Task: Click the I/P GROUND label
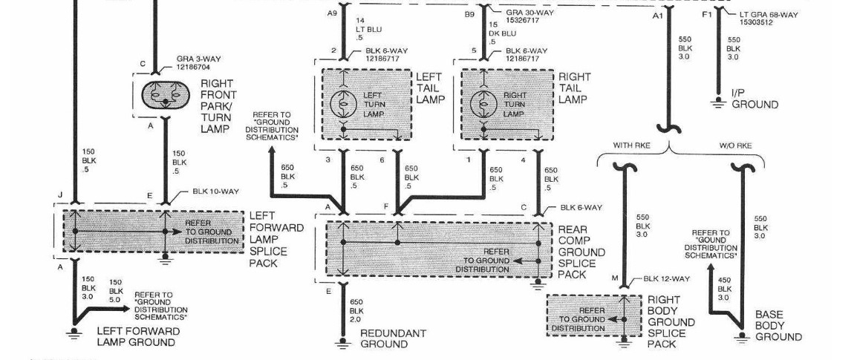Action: point(755,99)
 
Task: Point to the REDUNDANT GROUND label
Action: point(393,338)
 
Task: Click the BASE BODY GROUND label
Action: point(778,325)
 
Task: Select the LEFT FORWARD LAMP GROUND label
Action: point(137,336)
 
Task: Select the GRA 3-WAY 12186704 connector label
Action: point(200,62)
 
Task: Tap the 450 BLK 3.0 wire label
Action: point(725,289)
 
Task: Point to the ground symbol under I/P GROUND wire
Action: point(718,103)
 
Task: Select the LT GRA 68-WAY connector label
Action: point(769,18)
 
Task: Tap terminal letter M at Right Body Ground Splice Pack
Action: point(614,278)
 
